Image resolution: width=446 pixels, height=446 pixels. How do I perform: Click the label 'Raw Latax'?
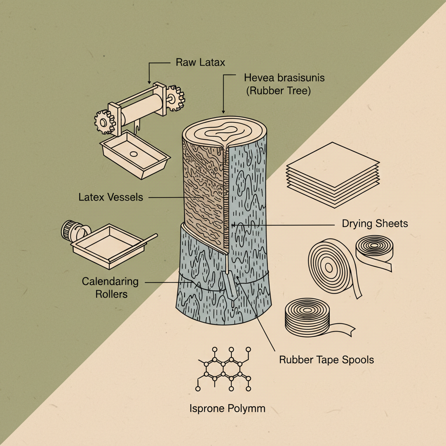[200, 62]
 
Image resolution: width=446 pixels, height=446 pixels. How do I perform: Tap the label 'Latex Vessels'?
[111, 197]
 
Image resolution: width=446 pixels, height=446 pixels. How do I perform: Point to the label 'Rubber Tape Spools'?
[326, 360]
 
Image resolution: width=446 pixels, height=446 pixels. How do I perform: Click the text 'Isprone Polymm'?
[227, 409]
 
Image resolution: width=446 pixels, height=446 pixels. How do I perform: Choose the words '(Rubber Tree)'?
[277, 92]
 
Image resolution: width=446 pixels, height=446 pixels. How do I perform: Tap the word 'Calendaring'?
[110, 281]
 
